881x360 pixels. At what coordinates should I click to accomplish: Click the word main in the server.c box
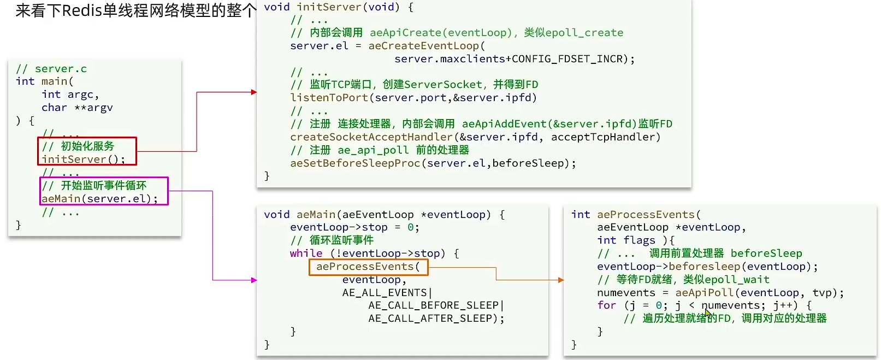(x=54, y=81)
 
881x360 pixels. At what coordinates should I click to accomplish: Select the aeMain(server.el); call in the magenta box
(x=99, y=198)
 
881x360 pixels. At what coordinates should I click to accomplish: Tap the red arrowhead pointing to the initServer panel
(x=253, y=92)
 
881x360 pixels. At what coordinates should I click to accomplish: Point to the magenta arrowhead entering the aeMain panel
(x=253, y=280)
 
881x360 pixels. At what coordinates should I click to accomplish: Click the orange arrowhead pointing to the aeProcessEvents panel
(x=560, y=280)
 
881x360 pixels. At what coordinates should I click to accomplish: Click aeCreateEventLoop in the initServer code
(x=423, y=46)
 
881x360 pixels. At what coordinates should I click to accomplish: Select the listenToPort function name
(x=329, y=98)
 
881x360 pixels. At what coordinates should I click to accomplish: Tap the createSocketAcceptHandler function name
(x=371, y=137)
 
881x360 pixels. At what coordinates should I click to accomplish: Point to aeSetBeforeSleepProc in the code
(x=355, y=163)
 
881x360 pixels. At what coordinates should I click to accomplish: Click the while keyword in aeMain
(x=306, y=253)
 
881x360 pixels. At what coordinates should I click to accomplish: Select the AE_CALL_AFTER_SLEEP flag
(x=433, y=318)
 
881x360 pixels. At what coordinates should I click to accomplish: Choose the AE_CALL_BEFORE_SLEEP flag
(x=433, y=305)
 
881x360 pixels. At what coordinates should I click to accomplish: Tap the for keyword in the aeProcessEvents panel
(x=606, y=305)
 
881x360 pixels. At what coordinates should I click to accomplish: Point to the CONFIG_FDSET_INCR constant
(x=567, y=59)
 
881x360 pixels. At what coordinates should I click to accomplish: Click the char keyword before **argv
(x=54, y=108)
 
